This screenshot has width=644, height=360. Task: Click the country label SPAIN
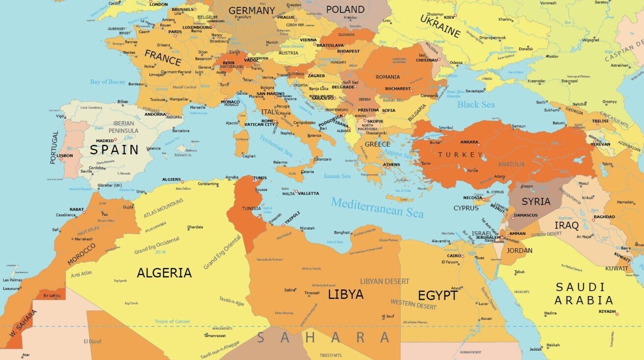tap(114, 149)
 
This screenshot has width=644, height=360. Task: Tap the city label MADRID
tap(104, 141)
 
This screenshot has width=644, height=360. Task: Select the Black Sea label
tap(476, 104)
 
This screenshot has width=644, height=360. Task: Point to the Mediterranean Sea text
tap(377, 206)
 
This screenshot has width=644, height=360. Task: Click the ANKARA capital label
tap(469, 142)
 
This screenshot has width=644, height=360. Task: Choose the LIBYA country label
tap(345, 294)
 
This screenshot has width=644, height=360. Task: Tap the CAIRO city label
tap(453, 256)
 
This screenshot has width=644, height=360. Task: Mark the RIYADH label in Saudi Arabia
tap(607, 311)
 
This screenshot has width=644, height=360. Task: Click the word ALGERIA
tap(164, 273)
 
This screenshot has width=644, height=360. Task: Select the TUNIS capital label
tap(259, 178)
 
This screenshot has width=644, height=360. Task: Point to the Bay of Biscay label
tap(107, 82)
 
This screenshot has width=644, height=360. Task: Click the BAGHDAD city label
tap(604, 216)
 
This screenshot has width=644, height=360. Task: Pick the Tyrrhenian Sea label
tap(276, 146)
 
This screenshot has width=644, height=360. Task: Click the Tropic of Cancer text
tap(172, 321)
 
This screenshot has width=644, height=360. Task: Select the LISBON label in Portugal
tap(65, 155)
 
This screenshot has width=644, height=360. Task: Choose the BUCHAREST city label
tap(397, 89)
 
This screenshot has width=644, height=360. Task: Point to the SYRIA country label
tap(536, 202)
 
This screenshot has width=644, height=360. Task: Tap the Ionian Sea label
tap(337, 176)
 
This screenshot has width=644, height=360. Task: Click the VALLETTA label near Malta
tap(309, 193)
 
